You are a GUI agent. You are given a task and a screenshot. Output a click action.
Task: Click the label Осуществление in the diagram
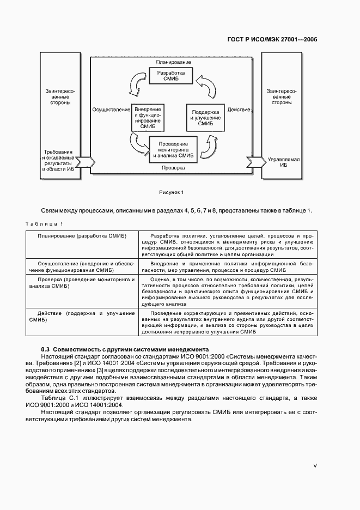tap(111, 110)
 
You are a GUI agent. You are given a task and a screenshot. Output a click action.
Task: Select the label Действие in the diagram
tap(239, 110)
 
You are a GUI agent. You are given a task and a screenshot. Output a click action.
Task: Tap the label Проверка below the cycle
tap(173, 168)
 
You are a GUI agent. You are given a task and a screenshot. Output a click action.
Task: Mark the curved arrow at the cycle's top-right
tap(206, 84)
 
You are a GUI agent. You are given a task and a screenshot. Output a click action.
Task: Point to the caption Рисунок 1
tap(172, 192)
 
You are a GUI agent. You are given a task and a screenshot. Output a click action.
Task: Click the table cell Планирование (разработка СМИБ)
tap(82, 235)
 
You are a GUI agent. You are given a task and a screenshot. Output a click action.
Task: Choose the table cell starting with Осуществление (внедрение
tap(82, 266)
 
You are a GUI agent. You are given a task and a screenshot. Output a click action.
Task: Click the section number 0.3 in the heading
tap(46, 349)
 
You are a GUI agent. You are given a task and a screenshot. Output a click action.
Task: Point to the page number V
tap(315, 465)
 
